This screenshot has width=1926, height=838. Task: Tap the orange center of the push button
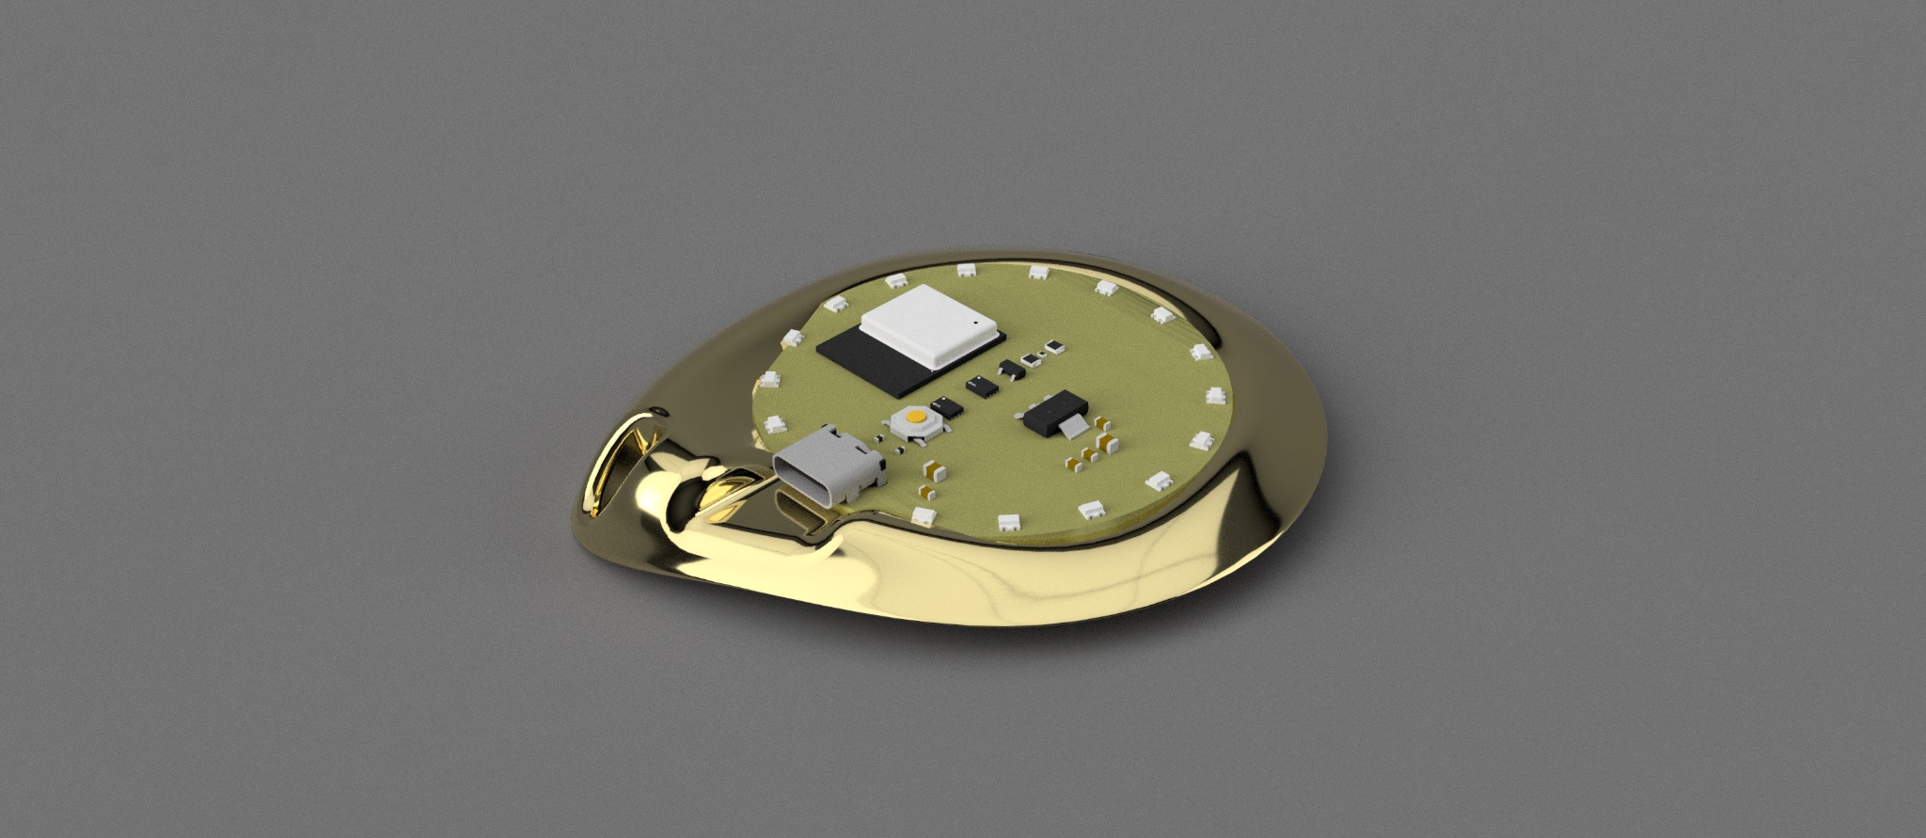(x=915, y=415)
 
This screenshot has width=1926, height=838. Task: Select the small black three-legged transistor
(x=1010, y=368)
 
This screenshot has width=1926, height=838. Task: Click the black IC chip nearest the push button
(x=950, y=408)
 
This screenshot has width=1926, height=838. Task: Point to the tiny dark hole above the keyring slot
(x=661, y=410)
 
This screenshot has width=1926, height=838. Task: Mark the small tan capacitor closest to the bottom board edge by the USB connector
(x=928, y=491)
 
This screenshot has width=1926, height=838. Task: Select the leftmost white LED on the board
(x=768, y=380)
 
